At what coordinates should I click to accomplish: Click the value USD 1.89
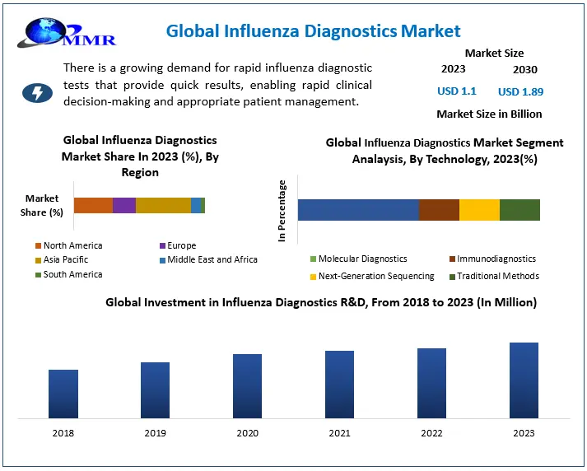[x=520, y=91]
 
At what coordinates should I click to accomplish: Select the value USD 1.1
[x=457, y=91]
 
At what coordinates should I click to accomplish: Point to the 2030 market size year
[x=524, y=69]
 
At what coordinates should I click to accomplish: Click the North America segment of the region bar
[x=93, y=206]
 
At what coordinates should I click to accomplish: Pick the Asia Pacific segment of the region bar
[x=163, y=206]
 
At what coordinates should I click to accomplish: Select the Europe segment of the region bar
[x=124, y=206]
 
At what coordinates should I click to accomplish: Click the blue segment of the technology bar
[x=358, y=210]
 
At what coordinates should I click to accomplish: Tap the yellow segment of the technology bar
[x=479, y=210]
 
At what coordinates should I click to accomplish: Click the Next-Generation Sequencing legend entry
[x=375, y=276]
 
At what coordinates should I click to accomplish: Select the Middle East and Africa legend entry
[x=212, y=259]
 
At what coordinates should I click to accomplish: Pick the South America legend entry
[x=72, y=274]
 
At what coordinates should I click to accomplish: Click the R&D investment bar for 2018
[x=63, y=394]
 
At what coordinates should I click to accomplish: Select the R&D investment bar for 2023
[x=524, y=380]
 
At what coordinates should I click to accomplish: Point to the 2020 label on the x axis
[x=247, y=433]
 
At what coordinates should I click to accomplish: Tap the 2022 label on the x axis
[x=431, y=433]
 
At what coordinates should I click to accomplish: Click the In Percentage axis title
[x=282, y=211]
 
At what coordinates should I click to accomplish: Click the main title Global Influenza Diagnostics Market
[x=313, y=32]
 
